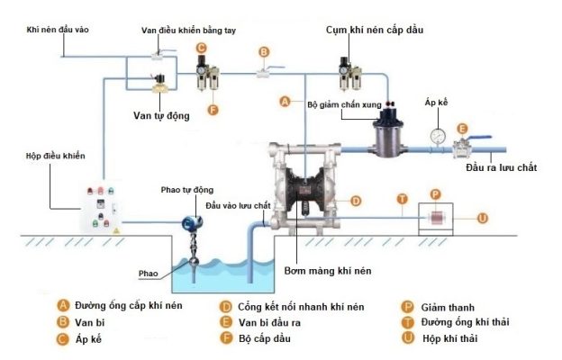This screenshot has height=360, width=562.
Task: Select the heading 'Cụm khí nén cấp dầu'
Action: point(374,30)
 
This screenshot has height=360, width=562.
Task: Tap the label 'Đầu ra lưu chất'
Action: point(502,168)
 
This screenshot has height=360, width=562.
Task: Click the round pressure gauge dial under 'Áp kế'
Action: point(438,136)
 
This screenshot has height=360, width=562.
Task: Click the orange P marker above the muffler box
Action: point(435,194)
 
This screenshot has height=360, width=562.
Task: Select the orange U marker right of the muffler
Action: point(483,218)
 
